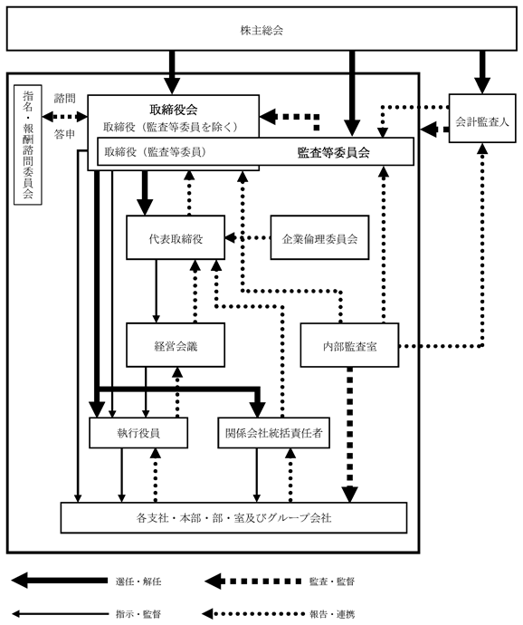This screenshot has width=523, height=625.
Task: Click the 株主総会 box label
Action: pos(261,30)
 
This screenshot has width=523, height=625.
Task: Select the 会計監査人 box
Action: pos(482,119)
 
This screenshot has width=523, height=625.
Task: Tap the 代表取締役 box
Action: pos(176,237)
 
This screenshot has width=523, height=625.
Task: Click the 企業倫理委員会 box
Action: pos(319,237)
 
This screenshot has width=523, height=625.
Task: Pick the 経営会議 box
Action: pos(176,345)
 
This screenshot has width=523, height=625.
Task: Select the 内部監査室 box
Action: pos(349,345)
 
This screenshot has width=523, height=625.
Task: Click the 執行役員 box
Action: pos(138,433)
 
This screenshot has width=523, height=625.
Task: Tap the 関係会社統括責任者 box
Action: pos(273,433)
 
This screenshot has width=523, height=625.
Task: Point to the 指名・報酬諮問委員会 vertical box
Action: pos(28,145)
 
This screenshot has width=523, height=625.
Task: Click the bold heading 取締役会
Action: pos(174,110)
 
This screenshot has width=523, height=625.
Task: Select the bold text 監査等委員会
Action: pos(333,152)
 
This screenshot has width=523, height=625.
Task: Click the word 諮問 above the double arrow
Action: pos(64,98)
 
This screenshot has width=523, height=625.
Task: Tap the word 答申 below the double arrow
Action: pos(64,134)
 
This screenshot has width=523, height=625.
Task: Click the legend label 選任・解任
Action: pos(138,582)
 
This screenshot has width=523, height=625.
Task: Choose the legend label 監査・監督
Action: pos(332,582)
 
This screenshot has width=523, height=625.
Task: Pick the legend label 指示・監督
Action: pos(138,614)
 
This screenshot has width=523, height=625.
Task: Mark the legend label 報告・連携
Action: pos(332,614)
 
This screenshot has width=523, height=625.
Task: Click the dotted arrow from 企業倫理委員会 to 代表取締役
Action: pos(248,238)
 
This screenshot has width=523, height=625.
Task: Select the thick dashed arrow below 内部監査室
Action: pos(350,435)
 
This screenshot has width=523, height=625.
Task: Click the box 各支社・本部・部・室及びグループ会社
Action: pos(233,518)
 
